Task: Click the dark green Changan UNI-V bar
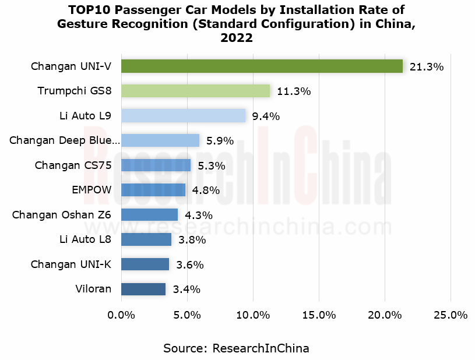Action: coord(262,66)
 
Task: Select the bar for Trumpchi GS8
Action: coord(195,91)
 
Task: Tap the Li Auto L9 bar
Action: coord(183,116)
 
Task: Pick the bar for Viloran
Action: coord(143,289)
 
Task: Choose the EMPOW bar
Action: coord(153,190)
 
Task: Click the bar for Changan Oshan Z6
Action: coord(149,214)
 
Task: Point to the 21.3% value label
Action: coord(427,67)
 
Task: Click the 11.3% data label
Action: coord(294,91)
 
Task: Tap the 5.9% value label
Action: coord(220,141)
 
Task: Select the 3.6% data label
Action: coord(190,264)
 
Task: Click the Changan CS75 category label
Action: coord(73,165)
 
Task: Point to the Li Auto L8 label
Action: coord(85,239)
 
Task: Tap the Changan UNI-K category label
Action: coord(71,264)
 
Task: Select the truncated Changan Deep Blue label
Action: coord(65,140)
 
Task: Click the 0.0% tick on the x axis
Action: coord(121,315)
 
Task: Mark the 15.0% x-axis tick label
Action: coord(319,315)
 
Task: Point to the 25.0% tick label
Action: coord(451,315)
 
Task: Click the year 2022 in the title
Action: coord(237,38)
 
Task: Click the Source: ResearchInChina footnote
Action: coord(236,348)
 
